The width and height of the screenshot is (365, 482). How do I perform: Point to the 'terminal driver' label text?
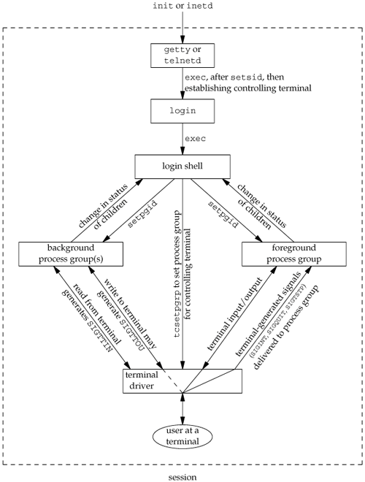tap(142, 380)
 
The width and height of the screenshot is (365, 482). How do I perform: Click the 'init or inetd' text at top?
tap(182, 6)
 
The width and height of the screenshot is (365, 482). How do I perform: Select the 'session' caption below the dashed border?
tap(182, 477)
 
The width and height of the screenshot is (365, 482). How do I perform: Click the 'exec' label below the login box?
tap(195, 139)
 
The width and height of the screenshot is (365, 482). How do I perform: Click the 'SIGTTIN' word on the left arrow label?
tap(99, 336)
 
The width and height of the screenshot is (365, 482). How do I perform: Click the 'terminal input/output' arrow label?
tap(235, 314)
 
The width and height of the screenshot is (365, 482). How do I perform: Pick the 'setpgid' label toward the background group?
tap(142, 214)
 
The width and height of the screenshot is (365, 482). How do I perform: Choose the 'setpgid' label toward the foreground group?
tap(223, 214)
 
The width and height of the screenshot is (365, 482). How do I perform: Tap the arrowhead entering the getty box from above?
tap(182, 40)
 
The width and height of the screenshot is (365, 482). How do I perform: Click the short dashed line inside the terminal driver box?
tap(173, 380)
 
